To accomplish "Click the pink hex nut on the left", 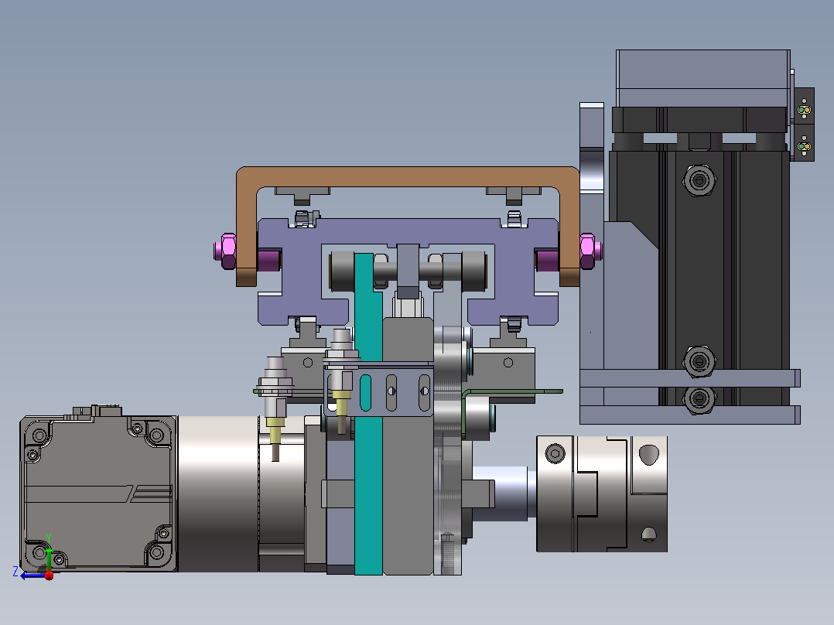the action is [x=227, y=251].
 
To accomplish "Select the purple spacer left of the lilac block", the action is [x=269, y=260].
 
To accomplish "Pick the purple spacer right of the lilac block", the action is [x=547, y=260].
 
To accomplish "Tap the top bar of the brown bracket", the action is [x=408, y=176].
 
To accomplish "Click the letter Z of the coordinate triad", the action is [x=15, y=572].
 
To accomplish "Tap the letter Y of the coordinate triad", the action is [x=49, y=538].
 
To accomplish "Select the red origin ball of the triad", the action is [x=49, y=575].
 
